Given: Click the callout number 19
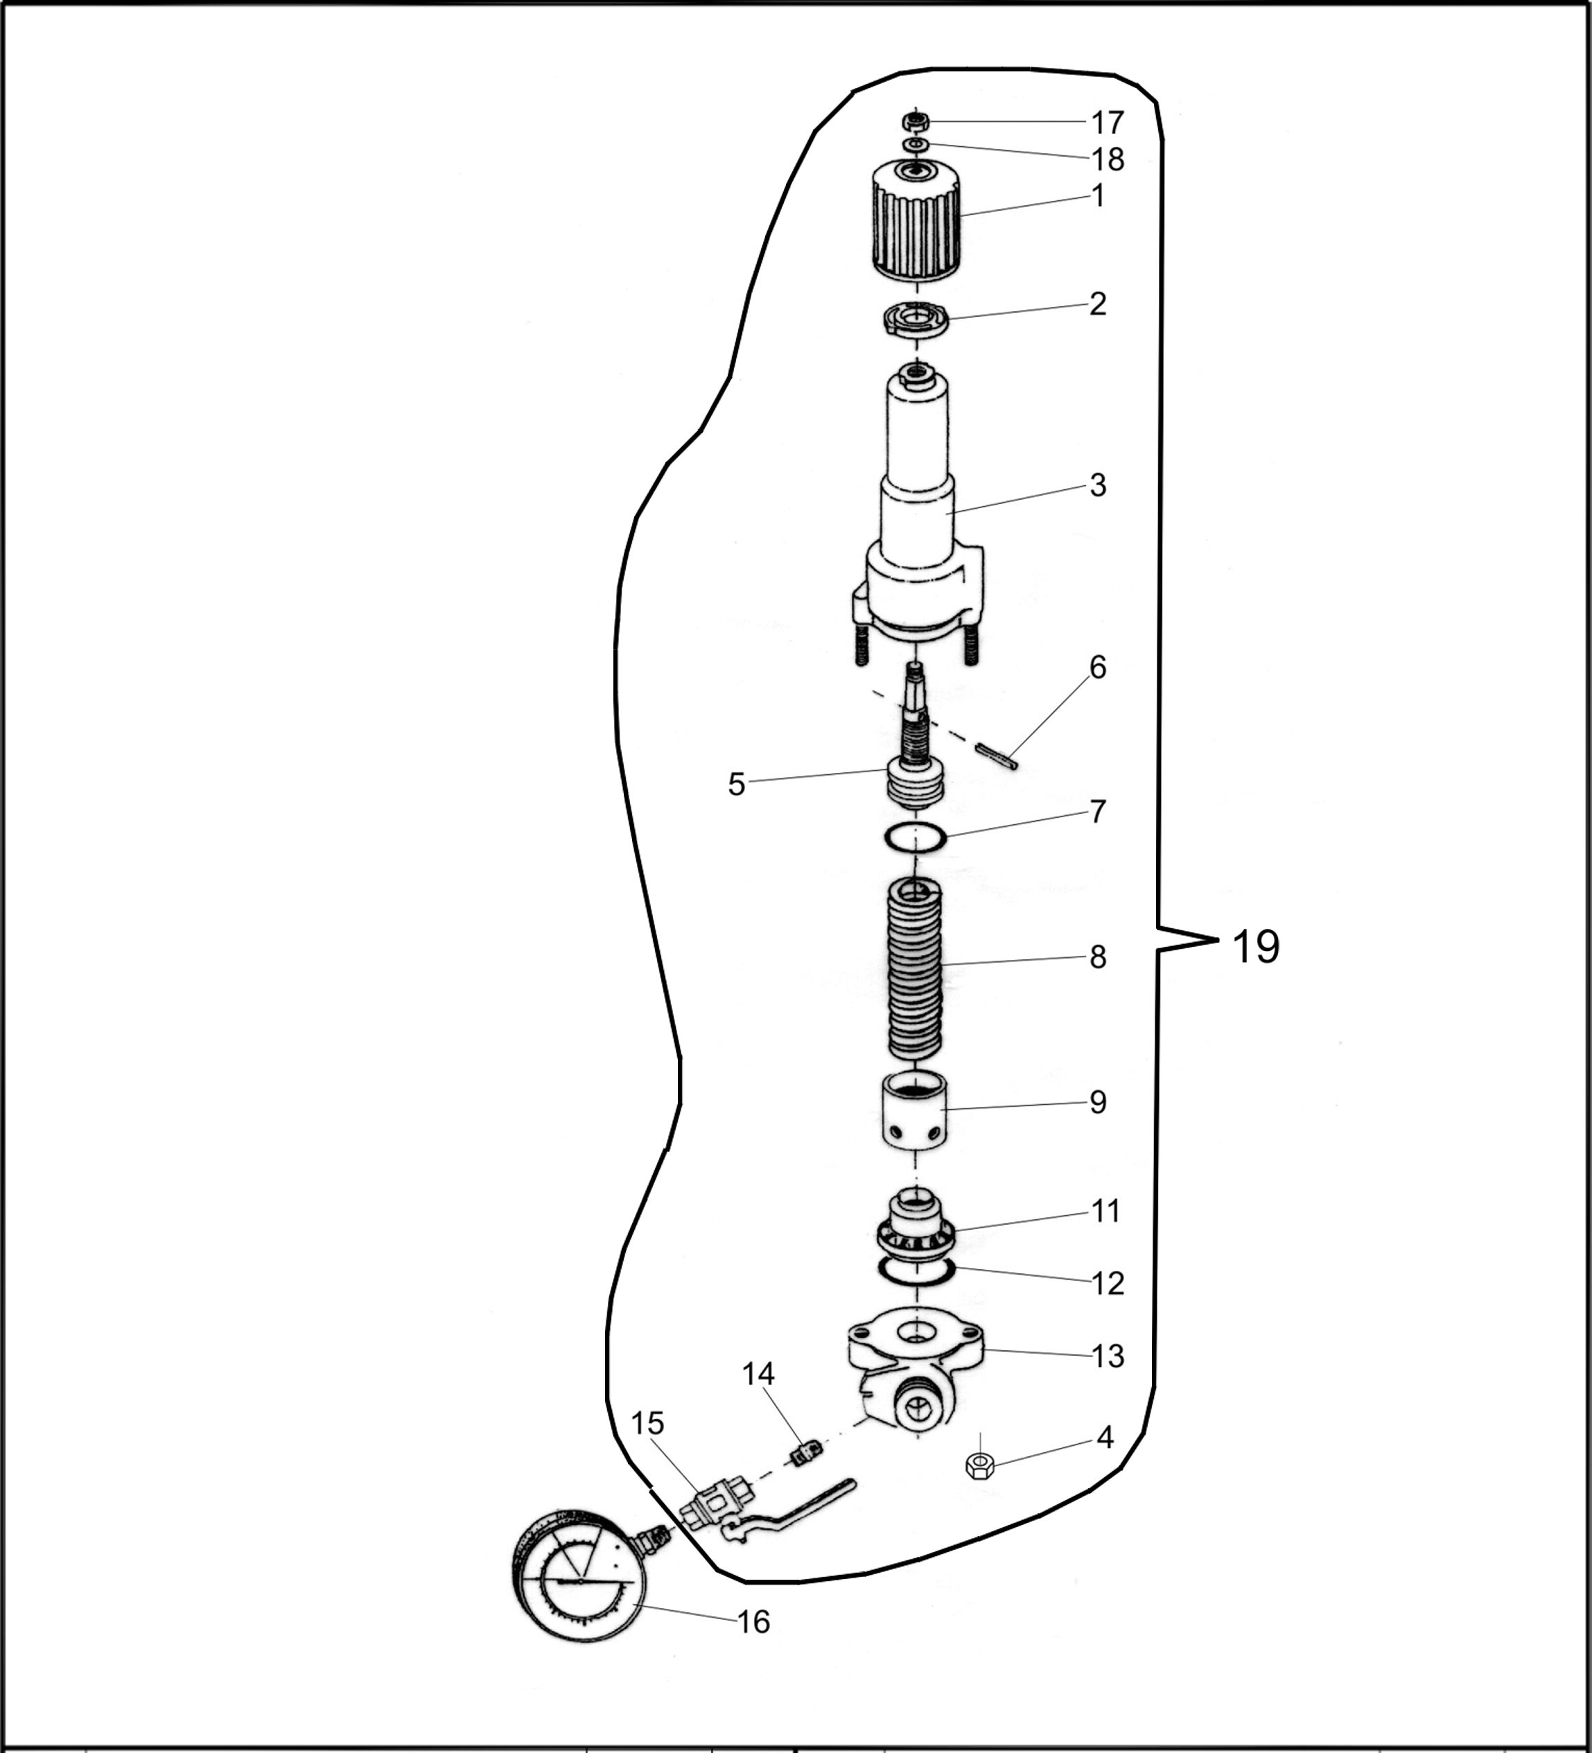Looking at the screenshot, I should [1256, 946].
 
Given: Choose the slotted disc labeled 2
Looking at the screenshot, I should [913, 318].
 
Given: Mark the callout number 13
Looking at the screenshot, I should [1107, 1356].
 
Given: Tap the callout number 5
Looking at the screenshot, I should [737, 785].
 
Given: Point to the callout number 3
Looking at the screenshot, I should [1097, 485].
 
